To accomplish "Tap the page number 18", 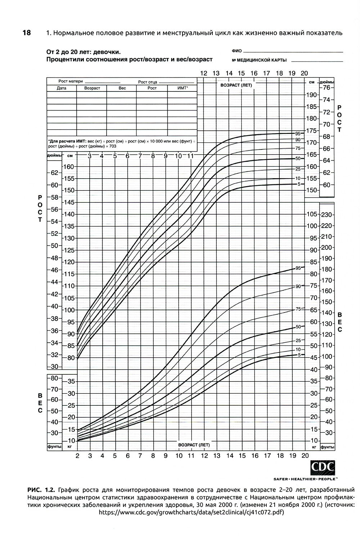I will pyautogui.click(x=27, y=33).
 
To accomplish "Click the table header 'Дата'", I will pyautogui.click(x=62, y=88).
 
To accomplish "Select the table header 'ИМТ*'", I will pyautogui.click(x=183, y=88).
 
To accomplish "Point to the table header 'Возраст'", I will pyautogui.click(x=92, y=88).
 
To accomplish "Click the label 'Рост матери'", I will pyautogui.click(x=69, y=81).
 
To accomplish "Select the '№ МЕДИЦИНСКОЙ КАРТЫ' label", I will pyautogui.click(x=259, y=60).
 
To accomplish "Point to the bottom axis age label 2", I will pyautogui.click(x=77, y=456).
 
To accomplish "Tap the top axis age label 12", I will pyautogui.click(x=204, y=73).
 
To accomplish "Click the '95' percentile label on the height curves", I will pyautogui.click(x=298, y=133).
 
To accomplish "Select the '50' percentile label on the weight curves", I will pyautogui.click(x=298, y=327).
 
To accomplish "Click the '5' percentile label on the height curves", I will pyautogui.click(x=299, y=184).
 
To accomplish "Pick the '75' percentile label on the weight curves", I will pyautogui.click(x=298, y=309).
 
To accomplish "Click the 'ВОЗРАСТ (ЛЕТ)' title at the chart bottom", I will pyautogui.click(x=194, y=445).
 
